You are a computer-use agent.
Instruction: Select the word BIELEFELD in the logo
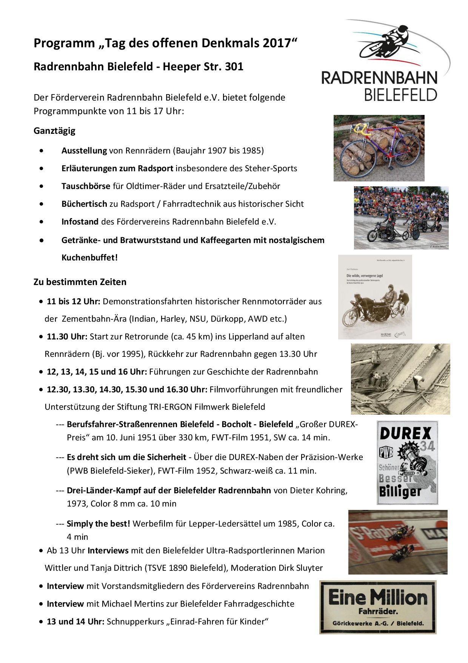click(400, 94)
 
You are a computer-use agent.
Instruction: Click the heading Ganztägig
click(54, 131)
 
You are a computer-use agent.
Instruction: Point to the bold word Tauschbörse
click(86, 186)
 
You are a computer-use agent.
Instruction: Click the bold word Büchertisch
click(84, 204)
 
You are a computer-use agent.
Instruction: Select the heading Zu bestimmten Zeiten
click(80, 282)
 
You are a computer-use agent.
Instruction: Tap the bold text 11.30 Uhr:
click(67, 336)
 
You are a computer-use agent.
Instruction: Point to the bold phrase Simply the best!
click(98, 524)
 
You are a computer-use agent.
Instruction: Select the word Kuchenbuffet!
click(90, 258)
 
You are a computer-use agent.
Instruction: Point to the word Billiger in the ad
click(400, 491)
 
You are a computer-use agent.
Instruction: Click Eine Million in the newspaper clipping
click(378, 598)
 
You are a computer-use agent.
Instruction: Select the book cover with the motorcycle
click(375, 297)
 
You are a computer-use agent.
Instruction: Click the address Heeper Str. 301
click(203, 67)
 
